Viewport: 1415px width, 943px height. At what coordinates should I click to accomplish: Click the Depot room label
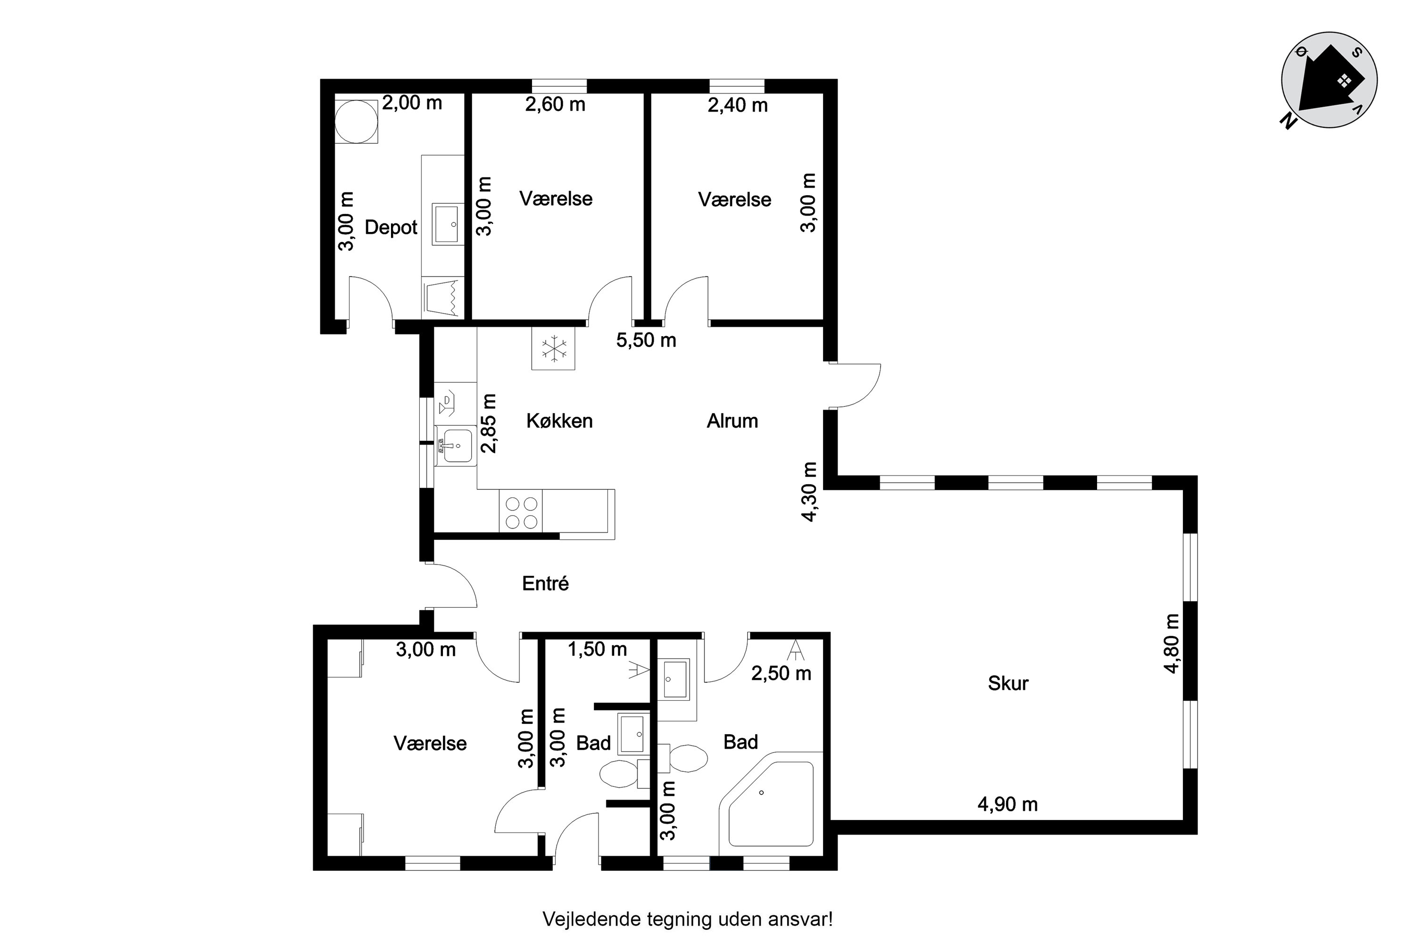tap(391, 227)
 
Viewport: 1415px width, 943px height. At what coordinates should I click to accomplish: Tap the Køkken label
tap(559, 421)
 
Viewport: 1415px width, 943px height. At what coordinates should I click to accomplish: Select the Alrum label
tap(732, 421)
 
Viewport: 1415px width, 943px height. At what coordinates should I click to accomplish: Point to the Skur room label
tap(1008, 683)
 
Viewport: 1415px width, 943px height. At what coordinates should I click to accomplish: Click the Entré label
tap(546, 583)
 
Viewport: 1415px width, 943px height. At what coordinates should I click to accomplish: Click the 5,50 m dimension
tap(646, 340)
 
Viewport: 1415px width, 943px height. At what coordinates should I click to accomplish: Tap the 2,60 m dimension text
tap(555, 105)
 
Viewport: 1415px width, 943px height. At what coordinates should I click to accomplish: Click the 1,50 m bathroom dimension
tap(598, 650)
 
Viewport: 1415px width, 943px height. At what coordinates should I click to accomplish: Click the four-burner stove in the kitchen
tap(521, 511)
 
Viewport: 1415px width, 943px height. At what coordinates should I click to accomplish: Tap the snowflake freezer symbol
tap(553, 349)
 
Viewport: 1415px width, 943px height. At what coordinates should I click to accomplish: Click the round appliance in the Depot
tap(356, 121)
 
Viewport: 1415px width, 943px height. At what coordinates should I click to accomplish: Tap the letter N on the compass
tap(1288, 122)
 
